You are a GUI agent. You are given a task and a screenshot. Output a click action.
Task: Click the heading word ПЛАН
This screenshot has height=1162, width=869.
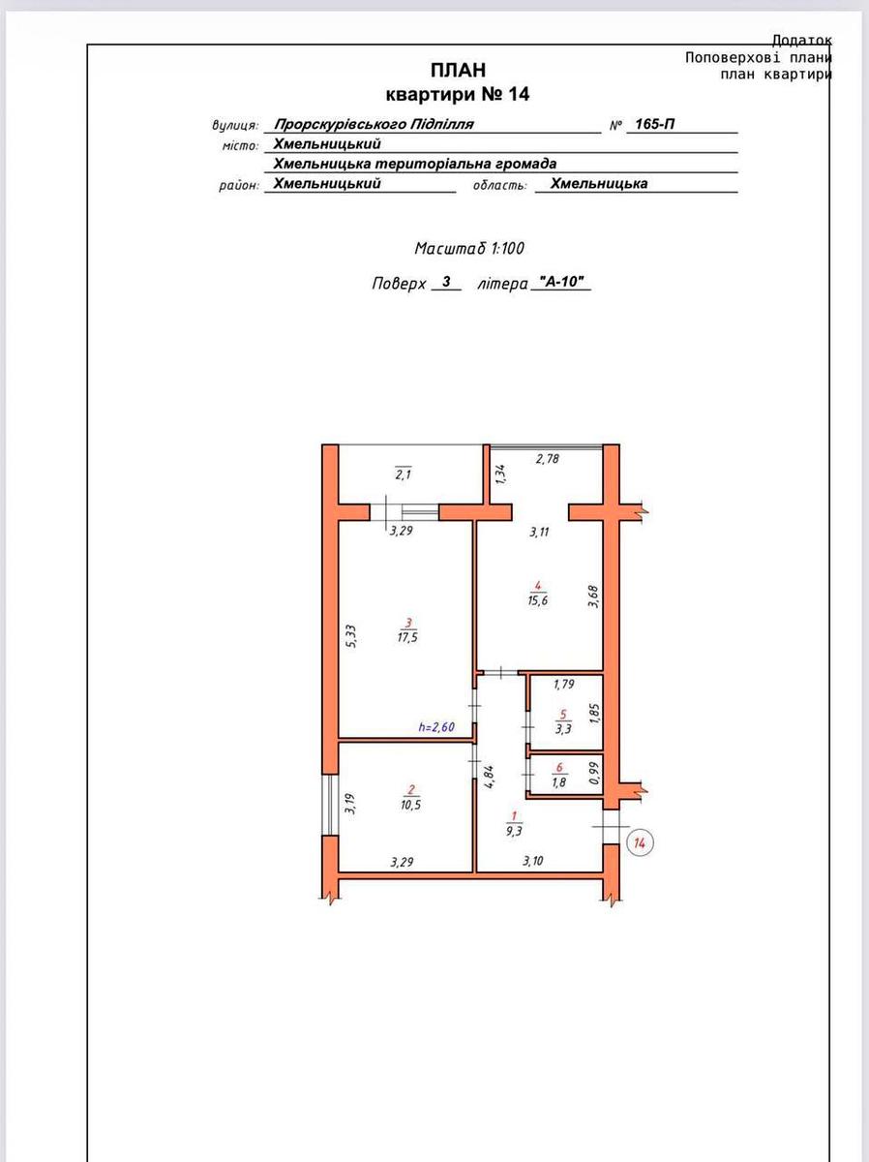(458, 70)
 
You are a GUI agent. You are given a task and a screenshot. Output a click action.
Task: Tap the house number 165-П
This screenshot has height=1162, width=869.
(655, 124)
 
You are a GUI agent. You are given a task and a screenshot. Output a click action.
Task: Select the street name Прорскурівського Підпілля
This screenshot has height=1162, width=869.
(374, 124)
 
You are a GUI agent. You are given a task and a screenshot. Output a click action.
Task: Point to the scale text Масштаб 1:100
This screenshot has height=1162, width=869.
(469, 248)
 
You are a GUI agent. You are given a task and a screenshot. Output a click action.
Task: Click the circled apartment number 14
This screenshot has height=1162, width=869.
(640, 842)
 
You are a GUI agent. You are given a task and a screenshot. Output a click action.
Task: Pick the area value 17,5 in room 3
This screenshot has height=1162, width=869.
(407, 637)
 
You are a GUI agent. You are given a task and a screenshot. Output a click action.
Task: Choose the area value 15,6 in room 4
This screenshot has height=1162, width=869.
(538, 600)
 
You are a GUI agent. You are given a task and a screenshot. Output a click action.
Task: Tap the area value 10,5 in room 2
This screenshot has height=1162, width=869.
(411, 806)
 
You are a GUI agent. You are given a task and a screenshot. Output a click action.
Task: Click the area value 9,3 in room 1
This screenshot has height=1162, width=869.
(514, 831)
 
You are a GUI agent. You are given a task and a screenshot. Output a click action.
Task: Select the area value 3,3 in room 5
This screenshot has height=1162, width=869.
(563, 729)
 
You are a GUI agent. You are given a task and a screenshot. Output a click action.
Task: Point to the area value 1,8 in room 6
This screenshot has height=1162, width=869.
(559, 781)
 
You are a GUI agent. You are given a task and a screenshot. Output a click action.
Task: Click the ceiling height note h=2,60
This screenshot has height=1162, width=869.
(436, 727)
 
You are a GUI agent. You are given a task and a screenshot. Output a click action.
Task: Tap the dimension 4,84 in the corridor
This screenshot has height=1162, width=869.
(489, 778)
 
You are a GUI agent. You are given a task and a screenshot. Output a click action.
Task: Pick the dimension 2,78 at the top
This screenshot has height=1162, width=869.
(548, 459)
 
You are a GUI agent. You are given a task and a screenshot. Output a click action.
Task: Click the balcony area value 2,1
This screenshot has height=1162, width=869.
(403, 474)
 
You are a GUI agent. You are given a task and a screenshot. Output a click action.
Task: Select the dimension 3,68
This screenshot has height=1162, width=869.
(593, 596)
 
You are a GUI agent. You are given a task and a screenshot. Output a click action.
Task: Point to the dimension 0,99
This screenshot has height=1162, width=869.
(594, 774)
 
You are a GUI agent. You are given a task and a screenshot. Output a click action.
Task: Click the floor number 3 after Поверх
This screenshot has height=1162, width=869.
(446, 282)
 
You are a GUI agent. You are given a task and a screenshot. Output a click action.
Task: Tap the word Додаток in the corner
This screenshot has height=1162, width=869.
(802, 41)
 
